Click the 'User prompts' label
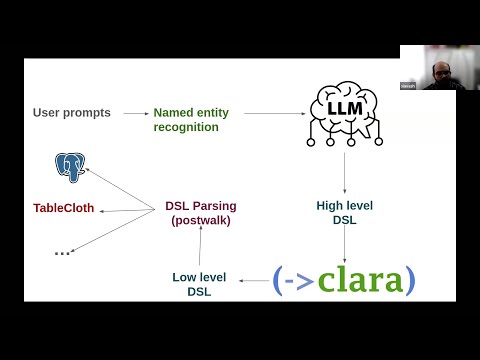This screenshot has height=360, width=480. click(71, 113)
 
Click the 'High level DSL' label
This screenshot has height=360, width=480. click(344, 212)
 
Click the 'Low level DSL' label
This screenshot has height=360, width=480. click(200, 283)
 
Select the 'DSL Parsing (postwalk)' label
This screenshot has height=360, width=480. click(200, 212)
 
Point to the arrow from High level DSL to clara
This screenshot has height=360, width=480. click(344, 245)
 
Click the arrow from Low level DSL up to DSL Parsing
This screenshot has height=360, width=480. click(200, 246)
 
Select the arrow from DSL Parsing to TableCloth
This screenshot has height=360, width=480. click(125, 209)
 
